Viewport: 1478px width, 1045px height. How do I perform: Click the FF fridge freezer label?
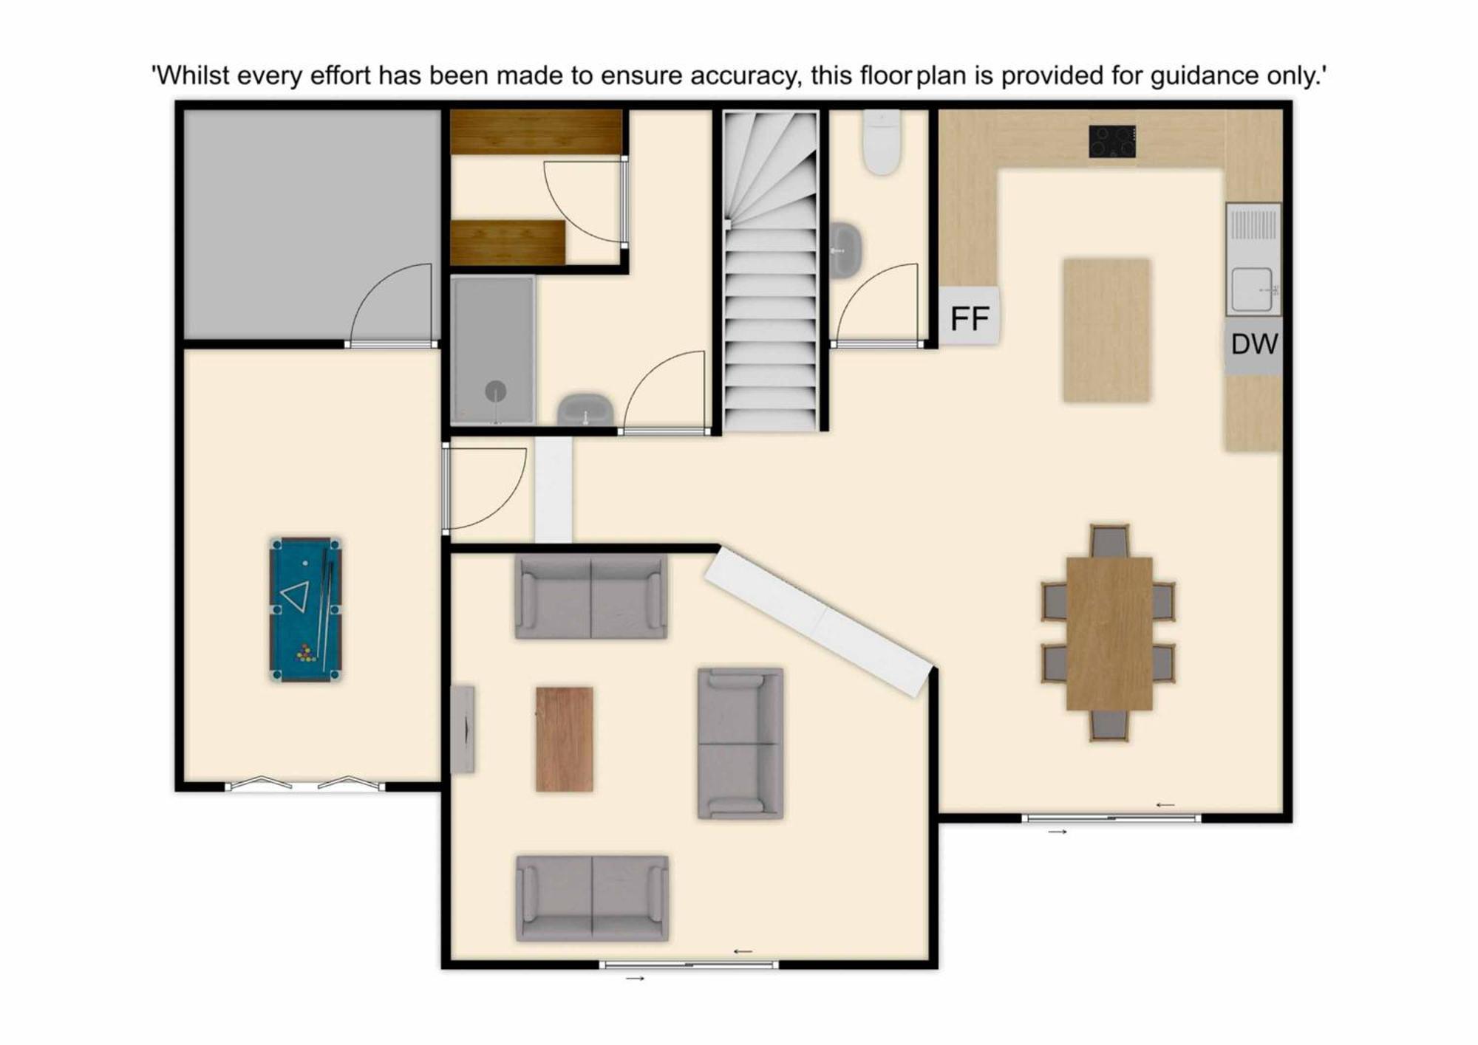[x=970, y=318]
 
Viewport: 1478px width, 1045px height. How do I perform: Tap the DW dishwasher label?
[x=1254, y=343]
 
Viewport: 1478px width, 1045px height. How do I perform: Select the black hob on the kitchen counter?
[x=1112, y=141]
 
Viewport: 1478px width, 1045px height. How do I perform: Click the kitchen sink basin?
[x=1252, y=289]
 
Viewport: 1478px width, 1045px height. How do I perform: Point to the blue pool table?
[x=305, y=609]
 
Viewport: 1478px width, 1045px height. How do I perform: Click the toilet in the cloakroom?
[x=882, y=142]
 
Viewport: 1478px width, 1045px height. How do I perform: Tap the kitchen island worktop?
[x=1106, y=330]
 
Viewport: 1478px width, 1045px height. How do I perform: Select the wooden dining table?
[x=1109, y=634]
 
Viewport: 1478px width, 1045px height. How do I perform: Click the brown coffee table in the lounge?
[x=564, y=739]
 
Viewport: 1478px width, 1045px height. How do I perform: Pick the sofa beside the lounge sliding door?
[x=592, y=898]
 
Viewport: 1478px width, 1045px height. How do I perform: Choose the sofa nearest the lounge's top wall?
[x=591, y=597]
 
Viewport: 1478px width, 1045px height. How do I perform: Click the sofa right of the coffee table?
[x=740, y=744]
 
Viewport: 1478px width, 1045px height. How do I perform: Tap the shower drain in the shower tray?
[x=495, y=391]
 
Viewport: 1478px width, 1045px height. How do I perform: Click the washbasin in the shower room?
[x=585, y=410]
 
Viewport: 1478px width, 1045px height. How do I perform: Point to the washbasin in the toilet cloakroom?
[x=845, y=250]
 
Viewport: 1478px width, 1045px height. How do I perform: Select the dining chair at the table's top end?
[x=1109, y=541]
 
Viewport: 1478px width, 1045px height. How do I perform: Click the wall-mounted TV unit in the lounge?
[x=463, y=730]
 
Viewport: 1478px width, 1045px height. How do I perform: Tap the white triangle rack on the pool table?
[x=296, y=597]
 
